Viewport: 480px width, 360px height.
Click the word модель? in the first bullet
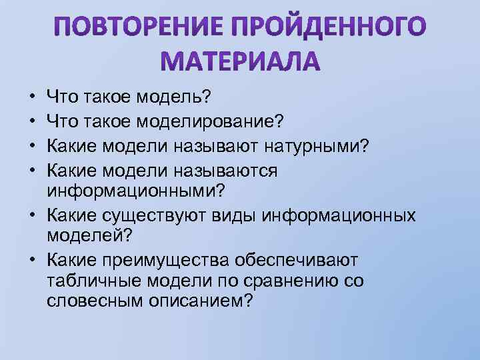coord(174,98)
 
